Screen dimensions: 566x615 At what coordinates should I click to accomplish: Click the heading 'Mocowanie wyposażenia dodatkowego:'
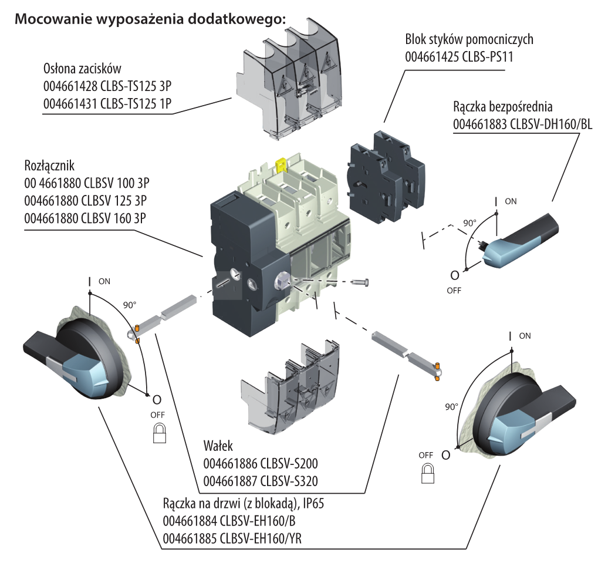pos(150,18)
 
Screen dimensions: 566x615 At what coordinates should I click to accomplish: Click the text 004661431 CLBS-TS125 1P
pos(111,103)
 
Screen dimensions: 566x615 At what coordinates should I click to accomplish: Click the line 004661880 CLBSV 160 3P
pos(85,217)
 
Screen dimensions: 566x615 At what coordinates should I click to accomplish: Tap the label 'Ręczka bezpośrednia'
pos(503,108)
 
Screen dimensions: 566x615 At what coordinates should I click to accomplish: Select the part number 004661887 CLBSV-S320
pos(260,481)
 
